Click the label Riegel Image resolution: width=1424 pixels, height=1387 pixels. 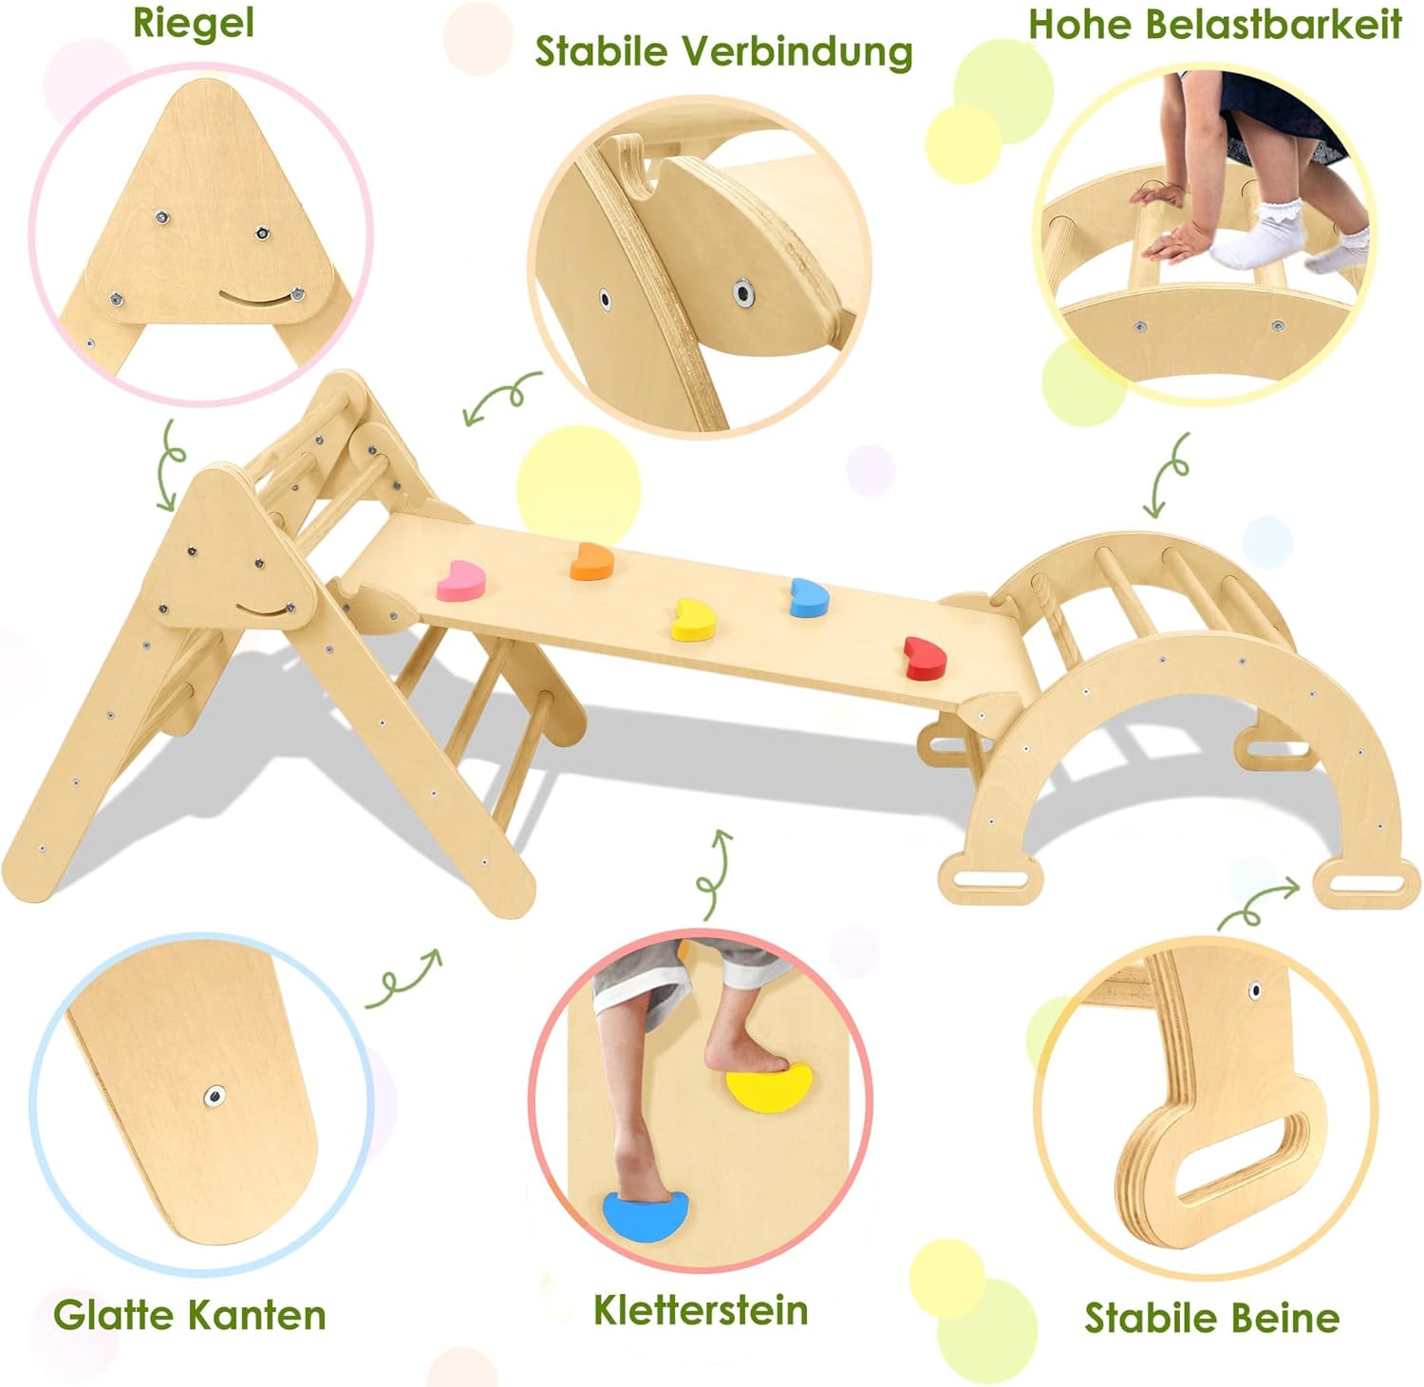[194, 23]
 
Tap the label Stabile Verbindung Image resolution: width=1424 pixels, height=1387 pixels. [723, 51]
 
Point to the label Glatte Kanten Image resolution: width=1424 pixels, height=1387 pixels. [190, 1315]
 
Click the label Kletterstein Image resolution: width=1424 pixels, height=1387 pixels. [701, 1310]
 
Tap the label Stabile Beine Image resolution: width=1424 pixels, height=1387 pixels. [1211, 1318]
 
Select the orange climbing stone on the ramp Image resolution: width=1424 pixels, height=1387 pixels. [591, 561]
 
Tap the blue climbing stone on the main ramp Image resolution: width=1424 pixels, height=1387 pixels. [809, 597]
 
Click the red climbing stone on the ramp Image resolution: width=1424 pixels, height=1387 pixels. [925, 658]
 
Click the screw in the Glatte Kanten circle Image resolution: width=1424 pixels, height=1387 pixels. [215, 1097]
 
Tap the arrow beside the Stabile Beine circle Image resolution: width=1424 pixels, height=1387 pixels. [1259, 902]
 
